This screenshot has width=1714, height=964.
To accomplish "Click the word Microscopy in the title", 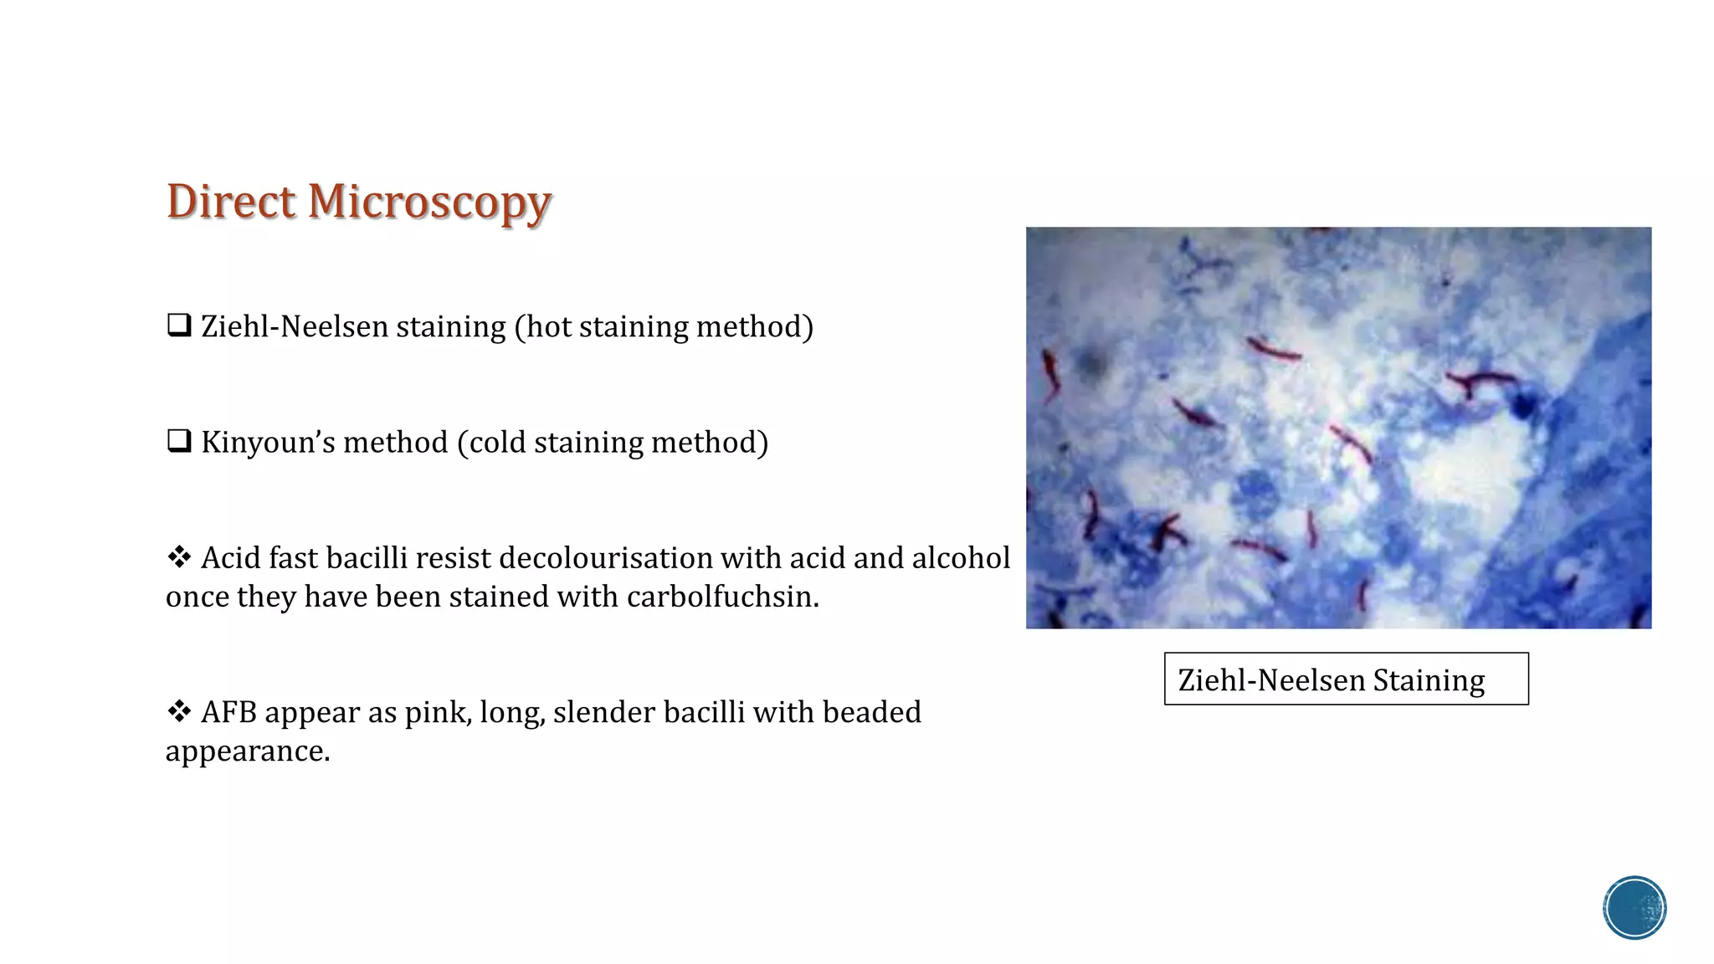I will point(429,203).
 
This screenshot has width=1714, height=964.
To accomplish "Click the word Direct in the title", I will point(231,203).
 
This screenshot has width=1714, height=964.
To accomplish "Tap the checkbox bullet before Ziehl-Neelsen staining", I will point(179,325).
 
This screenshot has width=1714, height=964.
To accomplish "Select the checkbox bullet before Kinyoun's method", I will point(179,440).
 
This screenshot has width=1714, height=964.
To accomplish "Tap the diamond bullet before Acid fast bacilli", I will point(179,556).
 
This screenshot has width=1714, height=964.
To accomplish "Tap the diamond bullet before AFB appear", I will point(179,711).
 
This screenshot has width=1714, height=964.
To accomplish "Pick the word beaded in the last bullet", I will point(871,712).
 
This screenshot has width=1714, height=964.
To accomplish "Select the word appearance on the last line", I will point(247,752).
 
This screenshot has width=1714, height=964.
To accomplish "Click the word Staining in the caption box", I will point(1428,680).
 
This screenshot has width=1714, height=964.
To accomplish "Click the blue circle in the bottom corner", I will point(1634,908).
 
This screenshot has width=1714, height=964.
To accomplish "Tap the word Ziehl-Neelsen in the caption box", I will point(1270,680).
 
